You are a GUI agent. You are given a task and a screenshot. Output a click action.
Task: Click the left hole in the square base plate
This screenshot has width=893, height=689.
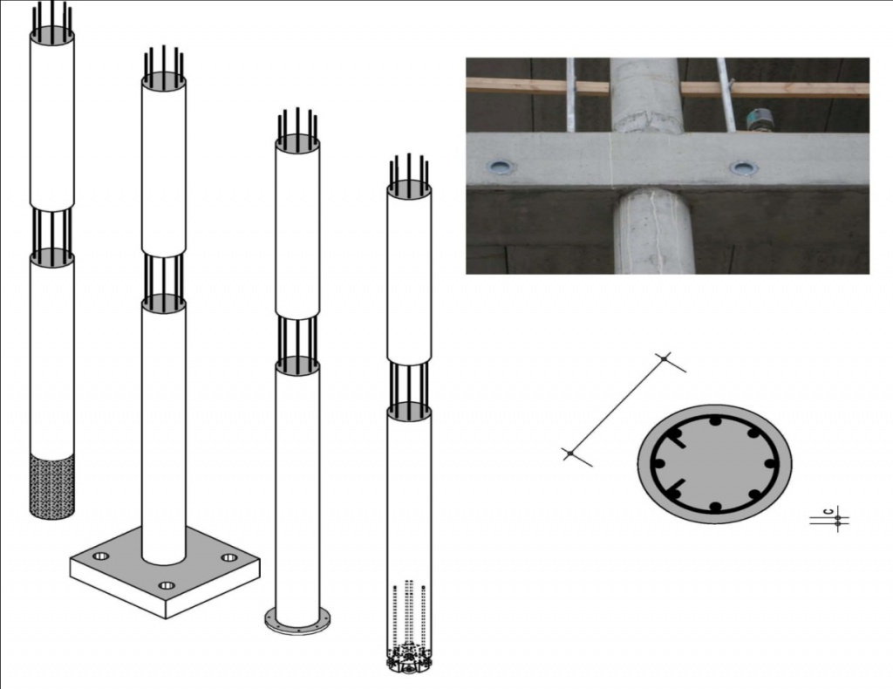[x=101, y=556]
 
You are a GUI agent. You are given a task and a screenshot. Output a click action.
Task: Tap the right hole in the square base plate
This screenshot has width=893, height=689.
[x=229, y=557]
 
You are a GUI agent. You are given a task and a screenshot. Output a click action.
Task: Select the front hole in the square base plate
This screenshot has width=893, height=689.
[x=167, y=585]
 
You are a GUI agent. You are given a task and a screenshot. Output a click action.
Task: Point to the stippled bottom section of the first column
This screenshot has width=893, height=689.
[x=51, y=486]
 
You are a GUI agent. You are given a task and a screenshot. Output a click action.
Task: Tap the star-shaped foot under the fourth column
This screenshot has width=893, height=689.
[x=408, y=659]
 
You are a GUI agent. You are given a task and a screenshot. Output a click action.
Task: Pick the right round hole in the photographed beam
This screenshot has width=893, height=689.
[x=743, y=168]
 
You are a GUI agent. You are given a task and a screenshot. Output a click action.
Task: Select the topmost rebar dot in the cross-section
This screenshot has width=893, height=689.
[x=714, y=422]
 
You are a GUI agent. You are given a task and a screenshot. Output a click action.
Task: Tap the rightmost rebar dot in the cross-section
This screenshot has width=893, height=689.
[x=772, y=463]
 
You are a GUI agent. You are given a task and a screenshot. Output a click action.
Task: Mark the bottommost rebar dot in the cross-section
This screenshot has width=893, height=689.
[x=716, y=506]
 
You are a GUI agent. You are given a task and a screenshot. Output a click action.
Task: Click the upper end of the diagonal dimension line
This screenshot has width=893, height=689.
[x=664, y=358]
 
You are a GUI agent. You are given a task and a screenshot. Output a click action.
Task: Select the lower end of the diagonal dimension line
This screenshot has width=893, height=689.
[x=569, y=454]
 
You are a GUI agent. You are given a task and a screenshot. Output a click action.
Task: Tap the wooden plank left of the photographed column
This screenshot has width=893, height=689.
[x=537, y=87]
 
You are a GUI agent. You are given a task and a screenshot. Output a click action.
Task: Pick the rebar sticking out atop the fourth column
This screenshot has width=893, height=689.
[x=408, y=170]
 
